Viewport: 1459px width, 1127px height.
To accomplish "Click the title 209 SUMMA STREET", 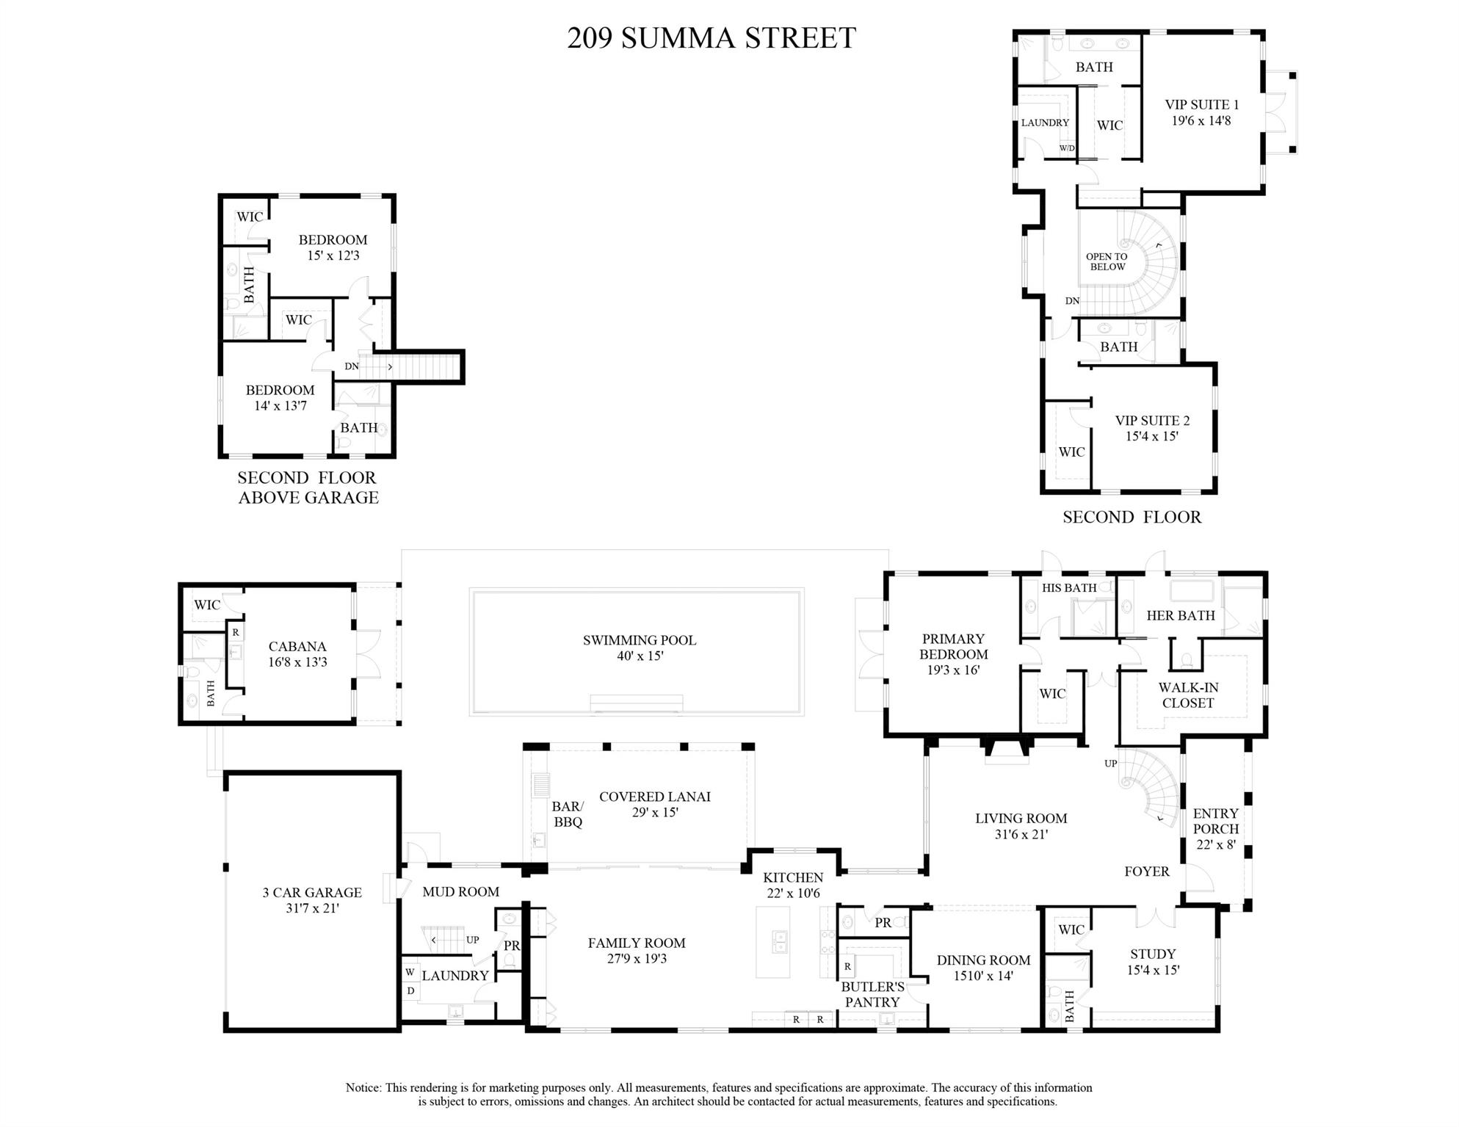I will click(x=711, y=38).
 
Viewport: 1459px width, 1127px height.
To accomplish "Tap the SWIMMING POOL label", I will click(x=639, y=640).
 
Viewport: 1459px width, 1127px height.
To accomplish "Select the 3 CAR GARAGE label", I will click(x=312, y=893).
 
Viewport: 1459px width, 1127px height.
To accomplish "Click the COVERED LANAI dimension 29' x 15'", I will click(x=654, y=813).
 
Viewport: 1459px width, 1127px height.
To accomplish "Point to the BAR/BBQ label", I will click(x=568, y=815).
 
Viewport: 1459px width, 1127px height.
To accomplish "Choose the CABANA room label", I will click(x=297, y=647).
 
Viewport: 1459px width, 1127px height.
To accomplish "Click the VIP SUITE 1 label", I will click(x=1201, y=105).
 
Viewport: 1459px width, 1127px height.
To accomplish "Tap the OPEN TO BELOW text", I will click(x=1107, y=262).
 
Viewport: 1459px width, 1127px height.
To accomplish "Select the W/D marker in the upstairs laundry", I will click(x=1066, y=148).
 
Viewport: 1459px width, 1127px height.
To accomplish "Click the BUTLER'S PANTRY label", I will click(x=872, y=995).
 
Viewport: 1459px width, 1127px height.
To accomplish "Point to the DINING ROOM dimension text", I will click(x=983, y=976).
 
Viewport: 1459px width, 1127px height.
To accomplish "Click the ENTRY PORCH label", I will click(x=1215, y=821).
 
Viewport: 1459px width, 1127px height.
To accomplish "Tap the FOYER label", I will click(x=1146, y=871).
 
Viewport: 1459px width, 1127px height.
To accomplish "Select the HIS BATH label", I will click(x=1068, y=588).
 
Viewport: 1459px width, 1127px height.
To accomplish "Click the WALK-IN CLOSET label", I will click(x=1188, y=695).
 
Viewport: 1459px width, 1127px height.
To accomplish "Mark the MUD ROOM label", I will click(x=460, y=892).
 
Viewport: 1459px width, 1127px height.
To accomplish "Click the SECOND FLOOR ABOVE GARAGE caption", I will click(x=308, y=488).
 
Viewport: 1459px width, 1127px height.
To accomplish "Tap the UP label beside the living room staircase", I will click(x=1110, y=764).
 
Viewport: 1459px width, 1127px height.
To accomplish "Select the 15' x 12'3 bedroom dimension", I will click(x=333, y=256).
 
